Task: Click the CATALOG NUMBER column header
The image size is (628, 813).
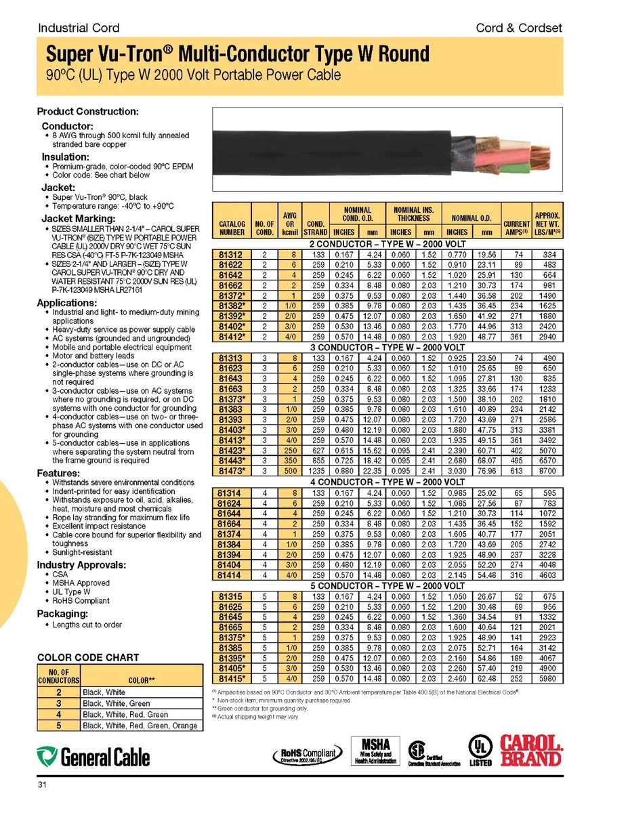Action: pos(232,226)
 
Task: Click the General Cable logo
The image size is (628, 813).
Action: pos(93,756)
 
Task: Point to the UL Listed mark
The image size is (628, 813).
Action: pos(480,752)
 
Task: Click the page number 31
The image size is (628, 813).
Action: pos(42,786)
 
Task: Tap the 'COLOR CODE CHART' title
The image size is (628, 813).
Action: pos(88,657)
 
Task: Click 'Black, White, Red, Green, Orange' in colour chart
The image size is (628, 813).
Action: pos(140,726)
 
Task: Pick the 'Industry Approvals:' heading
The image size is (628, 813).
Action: pos(81,564)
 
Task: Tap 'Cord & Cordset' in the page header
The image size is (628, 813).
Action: pos(519,28)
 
